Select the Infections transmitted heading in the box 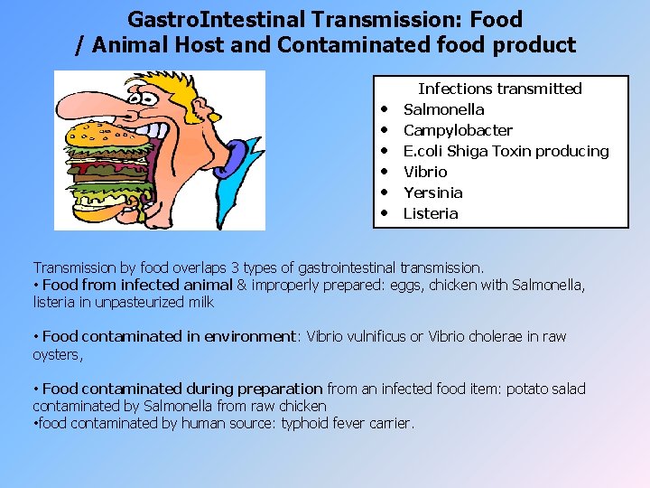pyautogui.click(x=499, y=89)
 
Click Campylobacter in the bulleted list pyautogui.click(x=458, y=130)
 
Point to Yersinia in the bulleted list pyautogui.click(x=432, y=192)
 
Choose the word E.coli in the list pyautogui.click(x=422, y=151)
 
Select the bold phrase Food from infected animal pyautogui.click(x=137, y=286)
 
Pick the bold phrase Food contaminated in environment pyautogui.click(x=169, y=337)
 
